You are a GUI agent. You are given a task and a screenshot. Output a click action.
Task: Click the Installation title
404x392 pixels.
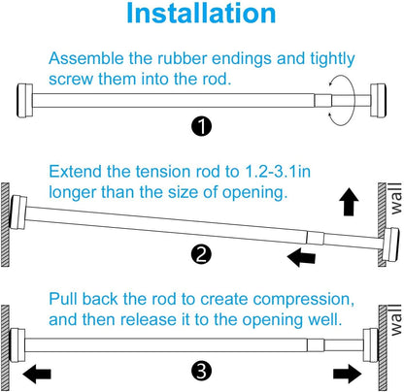coord(201,13)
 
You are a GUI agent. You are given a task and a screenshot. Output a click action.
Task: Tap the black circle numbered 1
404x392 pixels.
coord(201,126)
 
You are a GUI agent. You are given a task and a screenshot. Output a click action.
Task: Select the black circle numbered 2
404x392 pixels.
coord(201,254)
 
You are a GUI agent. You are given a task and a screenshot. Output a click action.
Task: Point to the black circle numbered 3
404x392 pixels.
coord(201,371)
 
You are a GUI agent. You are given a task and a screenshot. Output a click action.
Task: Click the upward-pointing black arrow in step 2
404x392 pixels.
coord(349,201)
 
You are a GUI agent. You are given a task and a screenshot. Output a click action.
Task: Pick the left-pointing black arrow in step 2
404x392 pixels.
coord(301,257)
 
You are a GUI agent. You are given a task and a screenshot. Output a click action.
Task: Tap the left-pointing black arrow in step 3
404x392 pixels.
coord(37,374)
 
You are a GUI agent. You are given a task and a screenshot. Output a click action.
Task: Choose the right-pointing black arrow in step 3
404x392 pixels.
coord(348,374)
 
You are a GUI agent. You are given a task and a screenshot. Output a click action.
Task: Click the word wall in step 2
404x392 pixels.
coord(395,199)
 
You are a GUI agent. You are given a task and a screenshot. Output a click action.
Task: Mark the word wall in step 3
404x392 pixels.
coord(395,320)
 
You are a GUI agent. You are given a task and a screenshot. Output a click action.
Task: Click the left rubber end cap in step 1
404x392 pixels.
coord(24,101)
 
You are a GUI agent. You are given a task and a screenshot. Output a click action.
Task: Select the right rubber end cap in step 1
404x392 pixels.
coord(378,101)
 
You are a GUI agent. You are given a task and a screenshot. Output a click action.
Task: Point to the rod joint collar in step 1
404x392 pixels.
coord(323,101)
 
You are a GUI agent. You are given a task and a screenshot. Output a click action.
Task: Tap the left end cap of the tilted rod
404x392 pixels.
coord(18,212)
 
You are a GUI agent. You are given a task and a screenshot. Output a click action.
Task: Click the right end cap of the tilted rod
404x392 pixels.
coord(390,245)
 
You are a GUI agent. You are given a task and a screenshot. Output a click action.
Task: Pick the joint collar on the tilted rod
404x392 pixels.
coord(315,238)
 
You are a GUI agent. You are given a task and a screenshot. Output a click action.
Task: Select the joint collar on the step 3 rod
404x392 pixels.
coord(316,345)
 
